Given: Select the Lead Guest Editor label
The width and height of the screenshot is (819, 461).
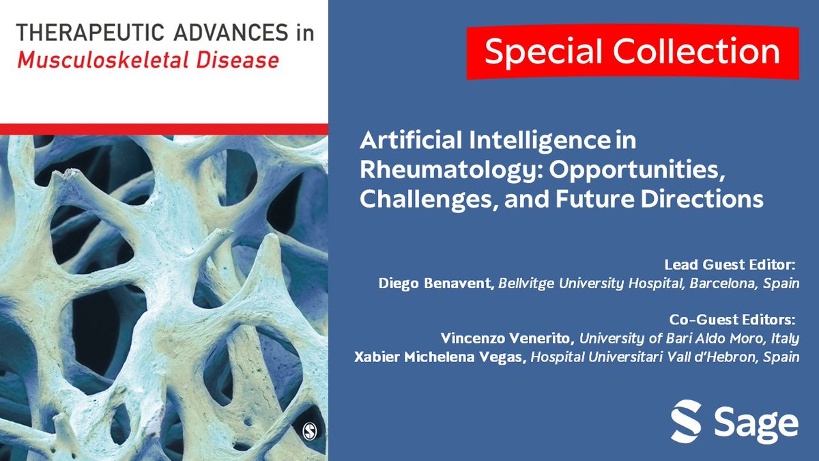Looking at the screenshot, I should [731, 264].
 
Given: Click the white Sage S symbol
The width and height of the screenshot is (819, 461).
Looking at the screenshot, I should [686, 421].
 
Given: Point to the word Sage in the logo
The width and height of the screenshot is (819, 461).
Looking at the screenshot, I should [756, 423].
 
